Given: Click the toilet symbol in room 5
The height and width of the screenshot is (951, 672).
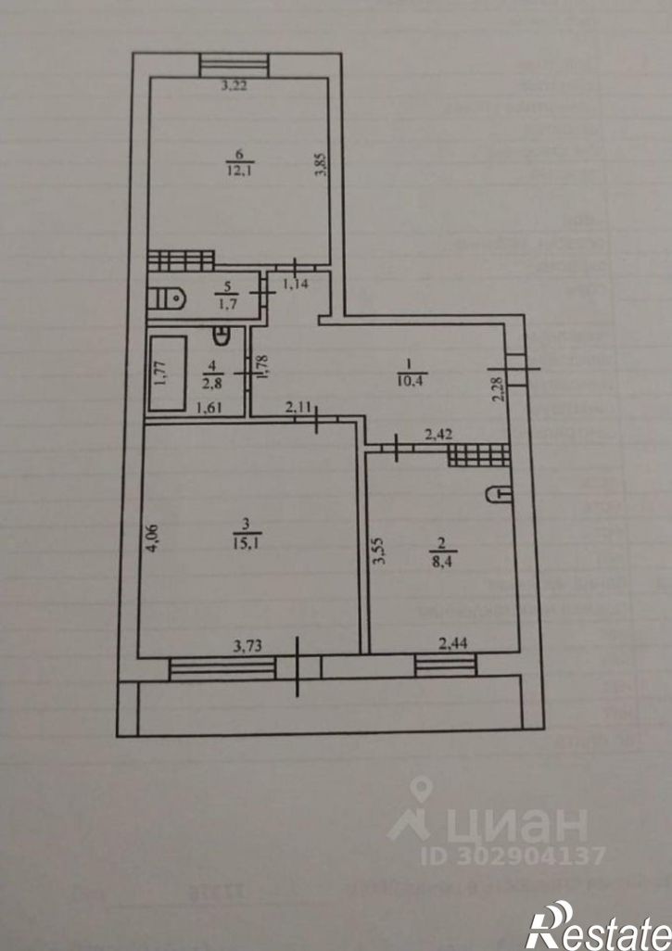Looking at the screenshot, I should tap(168, 298).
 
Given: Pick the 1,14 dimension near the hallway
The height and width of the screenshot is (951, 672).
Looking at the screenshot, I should tap(296, 284).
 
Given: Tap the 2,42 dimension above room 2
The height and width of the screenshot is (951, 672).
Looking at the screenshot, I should tap(439, 433).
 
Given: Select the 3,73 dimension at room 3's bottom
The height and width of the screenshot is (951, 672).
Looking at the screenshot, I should tap(247, 646).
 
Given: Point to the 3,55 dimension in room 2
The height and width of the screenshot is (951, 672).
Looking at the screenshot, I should tap(376, 555).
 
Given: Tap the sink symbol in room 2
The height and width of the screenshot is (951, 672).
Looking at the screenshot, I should tap(498, 495).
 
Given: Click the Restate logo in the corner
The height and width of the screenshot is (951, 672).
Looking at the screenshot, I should tap(598, 928).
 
